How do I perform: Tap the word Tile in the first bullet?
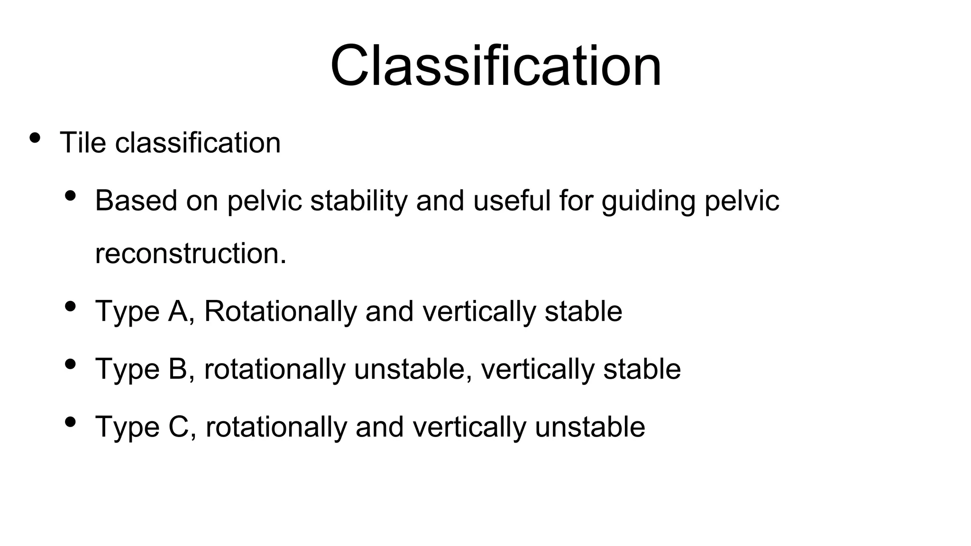82,142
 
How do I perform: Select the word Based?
136,200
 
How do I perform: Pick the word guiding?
648,201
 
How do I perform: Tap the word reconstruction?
190,253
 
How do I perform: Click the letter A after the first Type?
178,311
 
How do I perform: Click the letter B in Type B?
178,369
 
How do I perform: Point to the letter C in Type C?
178,427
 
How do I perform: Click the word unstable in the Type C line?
590,427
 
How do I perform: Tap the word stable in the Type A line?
583,311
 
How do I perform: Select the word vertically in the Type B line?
537,369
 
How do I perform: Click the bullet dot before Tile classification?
35,138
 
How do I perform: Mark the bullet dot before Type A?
70,307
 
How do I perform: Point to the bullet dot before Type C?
70,422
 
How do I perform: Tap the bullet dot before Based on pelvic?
70,195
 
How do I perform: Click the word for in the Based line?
576,200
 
